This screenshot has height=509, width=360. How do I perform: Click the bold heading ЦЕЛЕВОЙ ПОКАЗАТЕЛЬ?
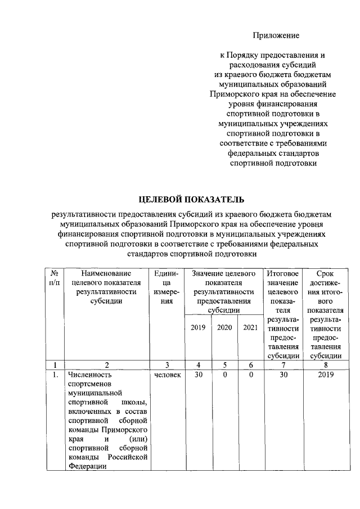[x=192, y=199]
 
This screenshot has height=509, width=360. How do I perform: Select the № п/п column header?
[x=55, y=277]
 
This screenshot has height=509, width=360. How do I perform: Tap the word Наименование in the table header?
[x=106, y=273]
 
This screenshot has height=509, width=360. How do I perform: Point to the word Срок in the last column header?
[x=322, y=273]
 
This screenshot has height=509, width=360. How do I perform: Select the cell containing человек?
[x=167, y=374]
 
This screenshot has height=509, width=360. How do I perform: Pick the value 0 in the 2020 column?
[x=224, y=374]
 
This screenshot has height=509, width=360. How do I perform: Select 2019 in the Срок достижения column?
[x=322, y=374]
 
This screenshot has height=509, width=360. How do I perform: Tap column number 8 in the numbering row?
[x=322, y=364]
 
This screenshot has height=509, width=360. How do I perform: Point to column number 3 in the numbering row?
[x=167, y=364]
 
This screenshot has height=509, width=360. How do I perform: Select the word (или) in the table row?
[x=138, y=438]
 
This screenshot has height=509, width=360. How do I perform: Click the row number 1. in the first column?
[x=55, y=374]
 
